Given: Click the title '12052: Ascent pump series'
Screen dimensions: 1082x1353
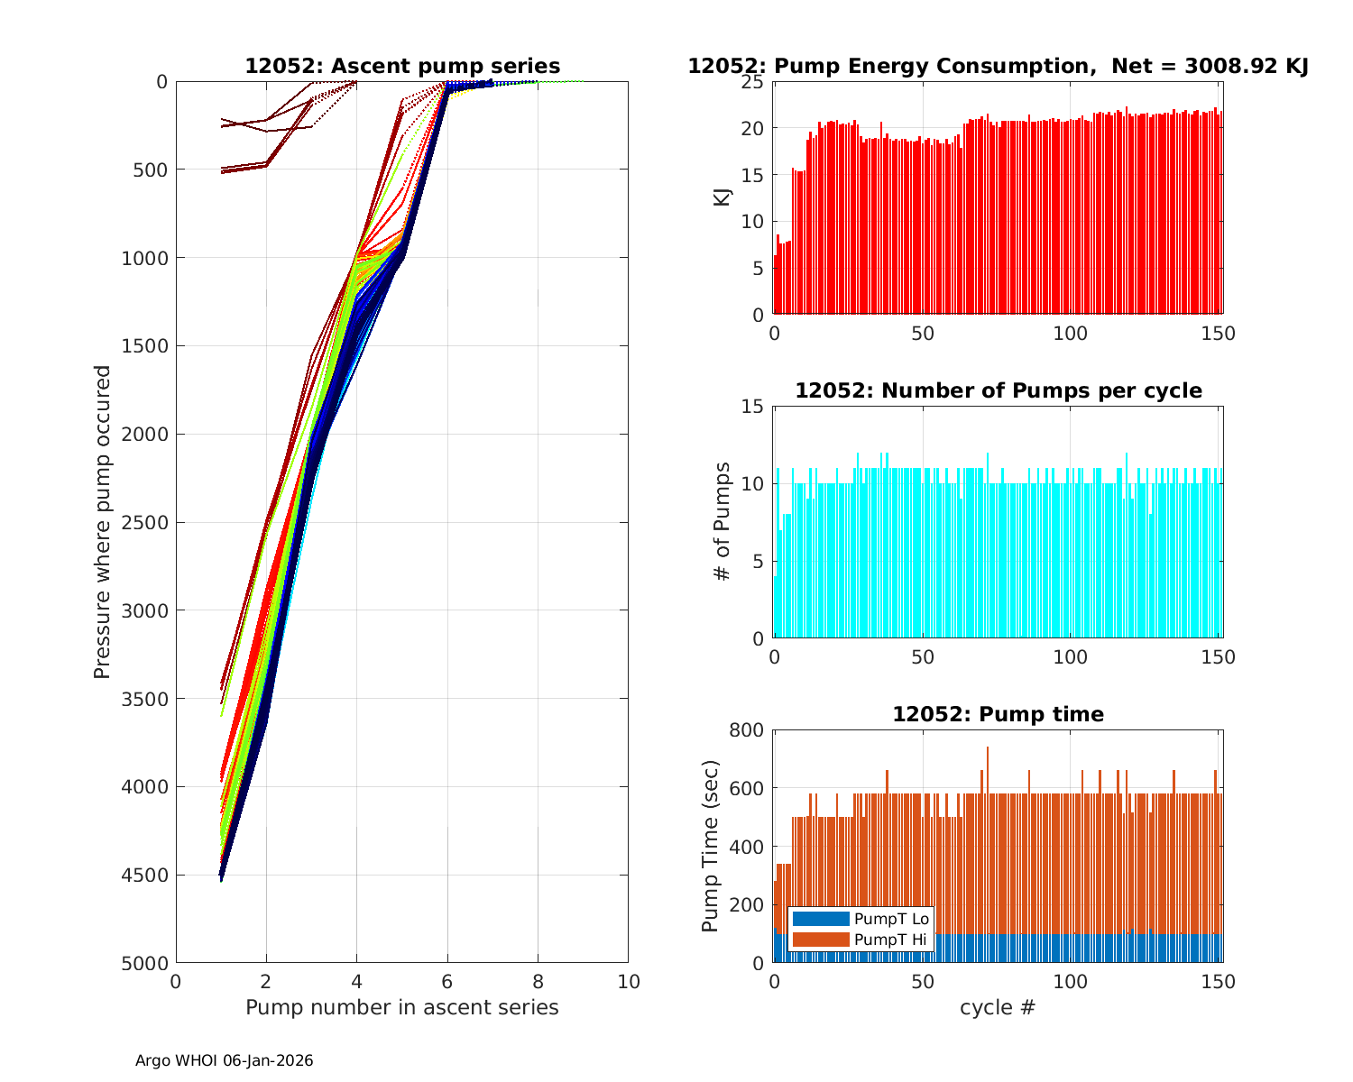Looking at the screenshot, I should coord(402,67).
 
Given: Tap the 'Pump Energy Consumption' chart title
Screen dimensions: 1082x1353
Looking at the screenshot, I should coord(998,67).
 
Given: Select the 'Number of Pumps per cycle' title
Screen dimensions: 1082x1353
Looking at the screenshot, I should coord(998,391).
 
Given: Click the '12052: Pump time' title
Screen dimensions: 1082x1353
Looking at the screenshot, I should coord(998,715).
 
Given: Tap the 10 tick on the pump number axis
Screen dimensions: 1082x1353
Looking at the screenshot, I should coord(628,981).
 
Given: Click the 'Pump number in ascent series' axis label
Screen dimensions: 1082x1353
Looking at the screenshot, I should coord(402,1007).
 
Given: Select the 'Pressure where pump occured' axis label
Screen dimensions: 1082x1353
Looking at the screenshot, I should coord(103,522).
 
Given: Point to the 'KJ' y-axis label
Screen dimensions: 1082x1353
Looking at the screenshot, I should coord(723,197).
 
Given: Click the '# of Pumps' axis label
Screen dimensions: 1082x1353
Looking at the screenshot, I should coord(722,522).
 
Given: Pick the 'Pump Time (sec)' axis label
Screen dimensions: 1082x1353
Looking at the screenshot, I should coord(711,847).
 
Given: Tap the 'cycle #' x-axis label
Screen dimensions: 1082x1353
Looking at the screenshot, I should coord(998,1007).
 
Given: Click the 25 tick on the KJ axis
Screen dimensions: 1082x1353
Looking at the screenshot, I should coord(754,82).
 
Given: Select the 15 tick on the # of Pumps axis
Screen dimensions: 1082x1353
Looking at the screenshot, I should coord(754,407).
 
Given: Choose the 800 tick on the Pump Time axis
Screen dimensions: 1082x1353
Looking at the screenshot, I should coord(748,730).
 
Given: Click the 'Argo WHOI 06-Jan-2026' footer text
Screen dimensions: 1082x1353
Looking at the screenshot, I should coord(225,1061).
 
